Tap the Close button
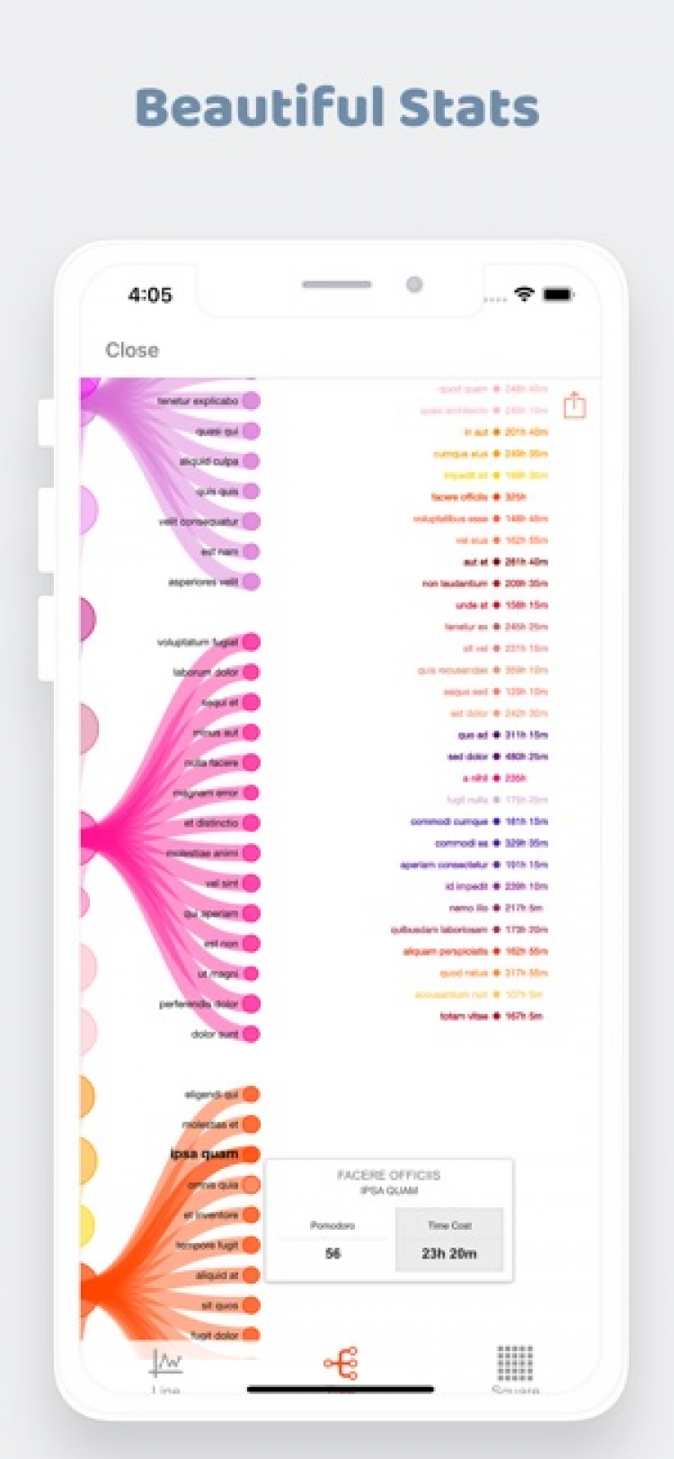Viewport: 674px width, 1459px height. coord(132,350)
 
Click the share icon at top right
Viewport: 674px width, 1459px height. coord(574,405)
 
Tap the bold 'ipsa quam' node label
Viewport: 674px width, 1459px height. coord(204,1153)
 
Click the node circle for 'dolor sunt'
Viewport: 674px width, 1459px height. coord(251,1034)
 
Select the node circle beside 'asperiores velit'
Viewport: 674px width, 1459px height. coord(251,582)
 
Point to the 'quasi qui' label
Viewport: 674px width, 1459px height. coord(217,431)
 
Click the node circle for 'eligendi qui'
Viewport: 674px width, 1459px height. coord(251,1094)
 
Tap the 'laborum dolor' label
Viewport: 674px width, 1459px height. coord(206,672)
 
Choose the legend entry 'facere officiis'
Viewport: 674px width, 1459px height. coord(459,497)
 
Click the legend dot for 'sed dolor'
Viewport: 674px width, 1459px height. coord(496,757)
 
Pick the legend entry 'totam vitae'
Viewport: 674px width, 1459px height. coord(464,1017)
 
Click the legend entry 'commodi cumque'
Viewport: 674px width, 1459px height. coord(449,822)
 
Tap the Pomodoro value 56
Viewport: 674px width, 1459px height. coord(333,1253)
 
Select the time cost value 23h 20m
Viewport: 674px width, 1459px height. coord(449,1253)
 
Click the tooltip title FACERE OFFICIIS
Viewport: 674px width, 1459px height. coord(388,1175)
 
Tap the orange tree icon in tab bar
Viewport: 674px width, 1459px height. coord(341,1364)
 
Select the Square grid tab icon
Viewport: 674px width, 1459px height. coord(515,1364)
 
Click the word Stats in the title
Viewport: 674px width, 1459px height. coord(469,108)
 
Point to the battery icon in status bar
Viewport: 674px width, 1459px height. coord(557,295)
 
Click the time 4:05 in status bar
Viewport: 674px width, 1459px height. coord(150,295)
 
